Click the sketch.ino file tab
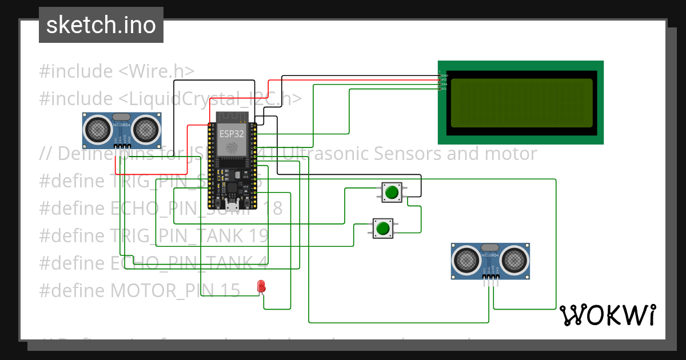(101, 25)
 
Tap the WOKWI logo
(607, 315)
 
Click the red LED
(261, 286)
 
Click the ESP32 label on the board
(232, 133)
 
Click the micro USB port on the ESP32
(232, 206)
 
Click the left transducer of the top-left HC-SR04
(98, 129)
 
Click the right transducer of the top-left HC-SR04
(147, 129)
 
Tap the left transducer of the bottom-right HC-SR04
(466, 260)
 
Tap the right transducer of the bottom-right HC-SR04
(515, 260)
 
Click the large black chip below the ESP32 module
(232, 189)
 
